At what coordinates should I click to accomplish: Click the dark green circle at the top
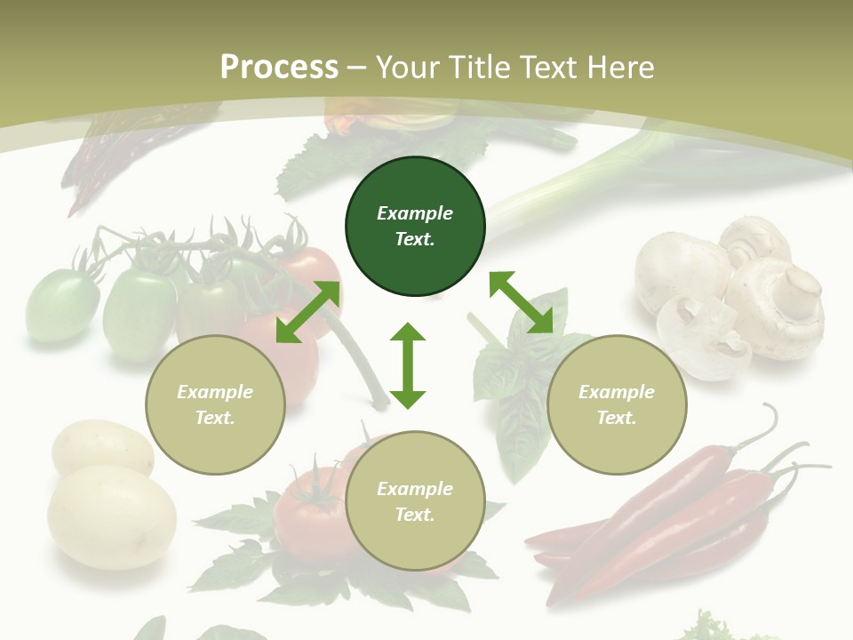click(415, 227)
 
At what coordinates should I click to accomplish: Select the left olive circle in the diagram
click(215, 405)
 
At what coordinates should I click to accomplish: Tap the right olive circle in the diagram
click(617, 405)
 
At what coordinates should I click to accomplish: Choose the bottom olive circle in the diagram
click(415, 501)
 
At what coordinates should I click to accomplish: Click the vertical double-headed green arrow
click(408, 365)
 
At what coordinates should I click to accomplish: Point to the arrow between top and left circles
click(307, 312)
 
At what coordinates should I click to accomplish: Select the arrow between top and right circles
click(521, 302)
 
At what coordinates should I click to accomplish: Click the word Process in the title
click(279, 67)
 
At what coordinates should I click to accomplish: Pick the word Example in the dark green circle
click(415, 213)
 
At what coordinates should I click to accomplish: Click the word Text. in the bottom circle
click(415, 515)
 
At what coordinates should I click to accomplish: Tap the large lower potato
click(112, 516)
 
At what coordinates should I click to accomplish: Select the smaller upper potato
click(101, 448)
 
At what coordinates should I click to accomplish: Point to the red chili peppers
click(675, 516)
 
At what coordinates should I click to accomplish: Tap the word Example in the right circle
click(617, 392)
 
